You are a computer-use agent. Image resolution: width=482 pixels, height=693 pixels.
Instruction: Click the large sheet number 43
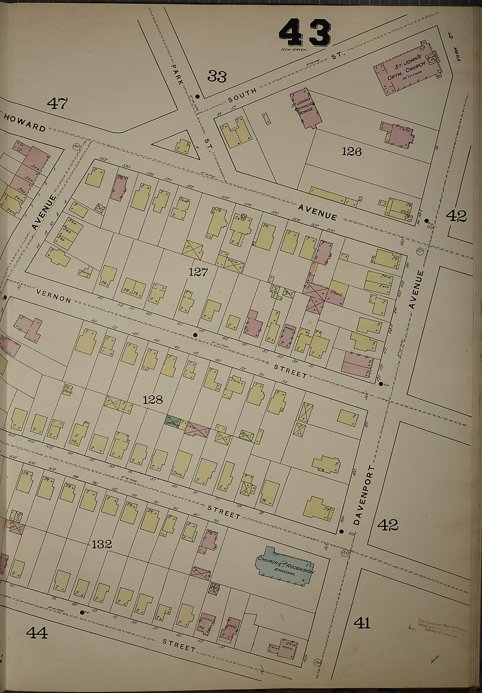[x=305, y=33]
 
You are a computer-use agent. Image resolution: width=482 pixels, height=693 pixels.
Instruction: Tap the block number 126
[x=352, y=151]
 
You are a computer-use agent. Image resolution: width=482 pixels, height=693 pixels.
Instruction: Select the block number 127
[x=198, y=272]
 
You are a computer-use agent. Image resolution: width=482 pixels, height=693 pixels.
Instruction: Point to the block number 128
[x=152, y=400]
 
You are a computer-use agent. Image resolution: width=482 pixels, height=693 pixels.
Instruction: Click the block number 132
[x=102, y=544]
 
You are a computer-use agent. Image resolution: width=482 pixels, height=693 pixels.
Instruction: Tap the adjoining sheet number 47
[x=57, y=103]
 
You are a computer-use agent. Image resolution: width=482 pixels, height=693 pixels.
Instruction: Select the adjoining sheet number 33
[x=217, y=77]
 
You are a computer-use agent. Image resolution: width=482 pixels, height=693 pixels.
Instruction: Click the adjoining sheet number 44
[x=37, y=632]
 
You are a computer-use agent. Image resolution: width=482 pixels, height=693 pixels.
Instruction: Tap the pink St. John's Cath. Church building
[x=408, y=70]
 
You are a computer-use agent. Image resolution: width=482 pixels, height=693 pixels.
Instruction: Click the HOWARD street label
[x=25, y=123]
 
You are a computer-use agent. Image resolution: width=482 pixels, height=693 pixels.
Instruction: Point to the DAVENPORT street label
[x=359, y=495]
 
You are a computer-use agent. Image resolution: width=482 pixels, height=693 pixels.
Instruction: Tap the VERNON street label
[x=53, y=296]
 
